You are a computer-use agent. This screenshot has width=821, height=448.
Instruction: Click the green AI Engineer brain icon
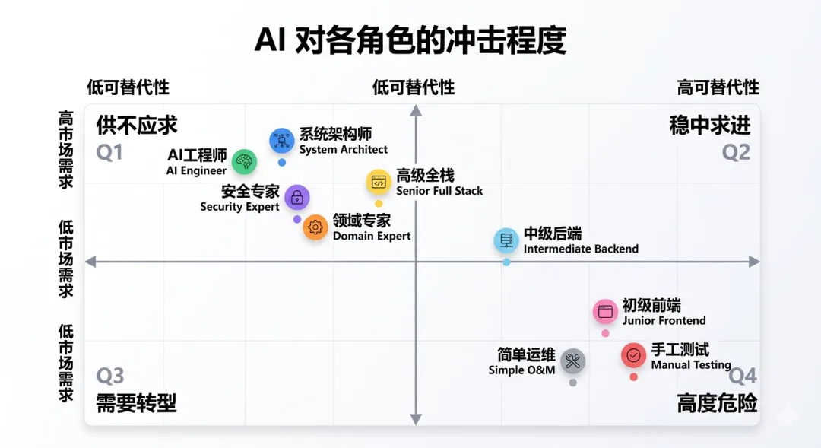244,161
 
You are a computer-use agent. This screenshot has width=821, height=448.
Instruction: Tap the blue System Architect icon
282,141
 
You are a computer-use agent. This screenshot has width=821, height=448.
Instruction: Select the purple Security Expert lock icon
297,198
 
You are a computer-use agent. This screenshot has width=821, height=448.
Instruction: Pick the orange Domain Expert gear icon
315,227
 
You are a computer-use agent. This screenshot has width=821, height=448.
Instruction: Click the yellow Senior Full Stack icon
379,183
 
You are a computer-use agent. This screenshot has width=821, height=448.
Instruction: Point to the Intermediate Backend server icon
506,241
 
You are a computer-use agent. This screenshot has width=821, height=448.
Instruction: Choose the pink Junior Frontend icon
605,312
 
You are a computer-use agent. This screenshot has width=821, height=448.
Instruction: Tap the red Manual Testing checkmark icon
634,355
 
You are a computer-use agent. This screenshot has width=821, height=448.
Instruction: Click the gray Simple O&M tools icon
573,362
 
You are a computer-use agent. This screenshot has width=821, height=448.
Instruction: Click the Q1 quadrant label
109,153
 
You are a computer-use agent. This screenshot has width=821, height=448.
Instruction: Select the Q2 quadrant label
736,153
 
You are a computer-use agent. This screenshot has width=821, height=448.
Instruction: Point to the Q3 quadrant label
109,376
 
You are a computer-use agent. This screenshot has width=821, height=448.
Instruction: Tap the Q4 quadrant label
743,376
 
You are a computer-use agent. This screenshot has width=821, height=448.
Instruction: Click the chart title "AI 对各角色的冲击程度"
410,40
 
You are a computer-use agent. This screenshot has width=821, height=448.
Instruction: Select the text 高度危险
717,403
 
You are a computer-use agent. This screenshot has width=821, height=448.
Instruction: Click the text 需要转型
136,403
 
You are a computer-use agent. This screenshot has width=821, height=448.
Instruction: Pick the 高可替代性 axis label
718,87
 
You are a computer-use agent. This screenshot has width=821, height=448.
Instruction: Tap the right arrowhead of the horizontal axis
754,262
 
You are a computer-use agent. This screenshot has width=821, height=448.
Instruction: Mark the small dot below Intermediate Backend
506,262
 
